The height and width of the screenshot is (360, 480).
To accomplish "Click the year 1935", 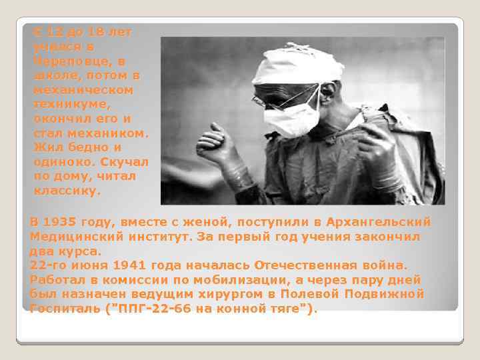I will click(x=60, y=222).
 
